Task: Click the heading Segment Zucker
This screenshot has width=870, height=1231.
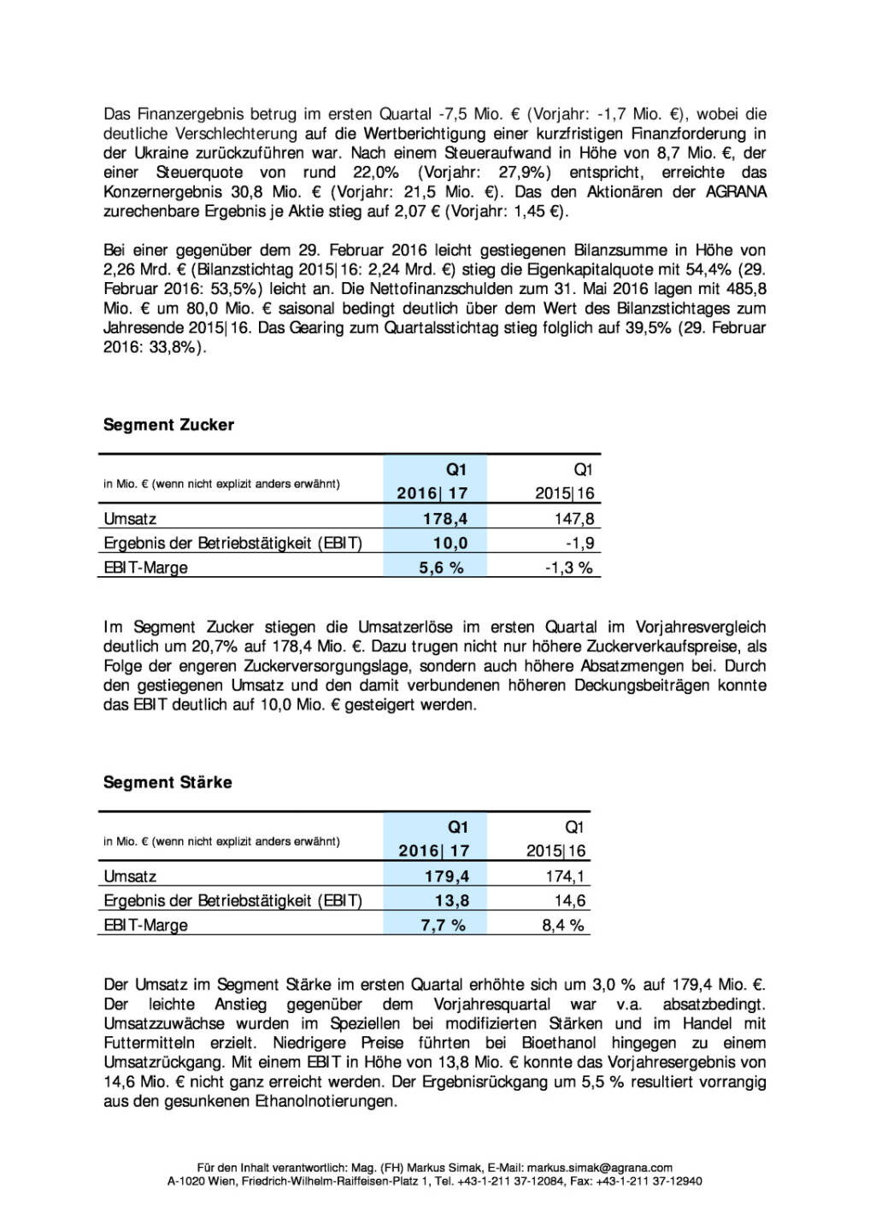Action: [x=168, y=425]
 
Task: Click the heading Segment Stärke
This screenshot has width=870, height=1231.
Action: [x=168, y=782]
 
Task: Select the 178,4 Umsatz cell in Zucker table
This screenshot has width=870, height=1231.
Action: [x=445, y=519]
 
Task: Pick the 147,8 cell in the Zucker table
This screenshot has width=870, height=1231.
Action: [x=573, y=519]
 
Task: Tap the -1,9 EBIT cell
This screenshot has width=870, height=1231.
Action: [x=579, y=543]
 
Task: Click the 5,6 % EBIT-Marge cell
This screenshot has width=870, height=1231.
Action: [x=441, y=568]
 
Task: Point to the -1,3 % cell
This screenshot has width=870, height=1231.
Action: [x=569, y=568]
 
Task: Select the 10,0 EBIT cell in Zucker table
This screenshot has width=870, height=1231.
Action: [x=450, y=543]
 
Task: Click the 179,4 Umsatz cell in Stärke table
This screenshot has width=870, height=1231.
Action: [x=446, y=876]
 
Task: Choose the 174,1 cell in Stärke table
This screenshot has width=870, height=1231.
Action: [x=565, y=876]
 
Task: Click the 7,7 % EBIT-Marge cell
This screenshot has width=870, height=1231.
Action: [x=444, y=925]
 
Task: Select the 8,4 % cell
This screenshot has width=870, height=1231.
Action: [x=562, y=925]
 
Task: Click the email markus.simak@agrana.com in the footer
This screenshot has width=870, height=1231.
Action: [x=599, y=1167]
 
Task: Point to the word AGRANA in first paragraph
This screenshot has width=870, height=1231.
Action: [x=735, y=191]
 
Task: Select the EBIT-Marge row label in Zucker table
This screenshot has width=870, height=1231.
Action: [x=145, y=568]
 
